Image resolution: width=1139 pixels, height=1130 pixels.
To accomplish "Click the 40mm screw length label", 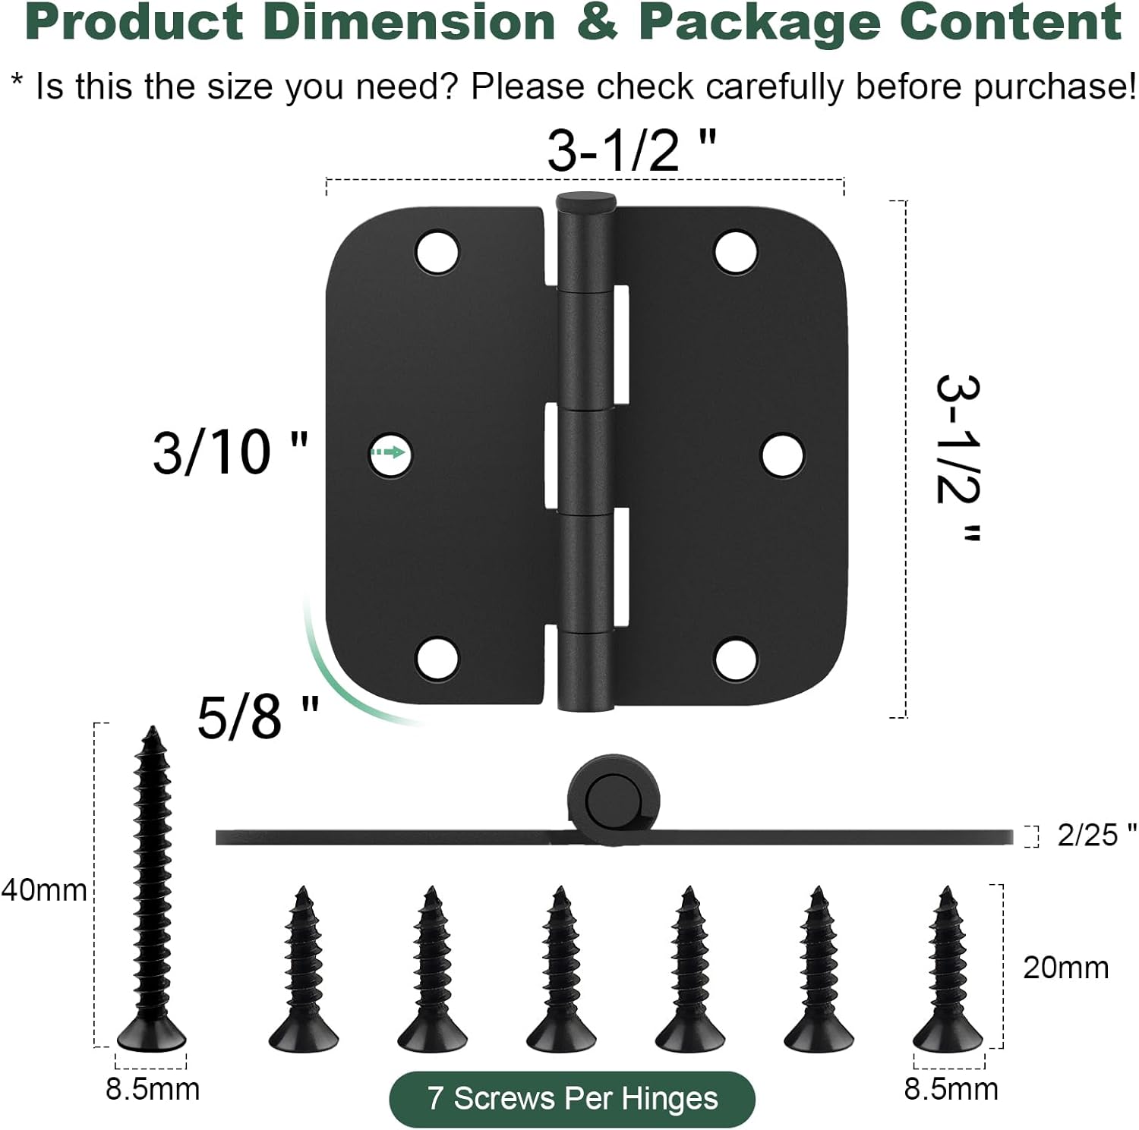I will [x=43, y=889].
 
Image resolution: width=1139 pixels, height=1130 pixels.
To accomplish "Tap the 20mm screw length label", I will [x=1065, y=968].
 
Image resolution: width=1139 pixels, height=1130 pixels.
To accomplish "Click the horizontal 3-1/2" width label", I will [x=631, y=150].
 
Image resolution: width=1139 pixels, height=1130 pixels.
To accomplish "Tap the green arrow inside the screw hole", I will [x=389, y=453].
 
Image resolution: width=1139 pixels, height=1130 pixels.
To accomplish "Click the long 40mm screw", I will [x=152, y=888].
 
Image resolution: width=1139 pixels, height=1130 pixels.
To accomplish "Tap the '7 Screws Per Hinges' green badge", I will [x=572, y=1098].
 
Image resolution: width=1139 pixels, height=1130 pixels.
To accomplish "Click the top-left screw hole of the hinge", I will [x=437, y=251].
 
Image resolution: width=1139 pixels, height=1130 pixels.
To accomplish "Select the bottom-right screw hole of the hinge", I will [x=736, y=658].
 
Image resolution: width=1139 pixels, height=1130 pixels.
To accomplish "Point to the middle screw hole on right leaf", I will [x=782, y=455].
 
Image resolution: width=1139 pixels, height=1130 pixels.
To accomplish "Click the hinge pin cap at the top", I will [x=585, y=202].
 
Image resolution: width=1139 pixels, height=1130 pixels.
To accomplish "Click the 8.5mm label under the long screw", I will [x=152, y=1089].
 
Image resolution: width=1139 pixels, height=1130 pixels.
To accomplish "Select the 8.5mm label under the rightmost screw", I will [x=951, y=1089].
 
